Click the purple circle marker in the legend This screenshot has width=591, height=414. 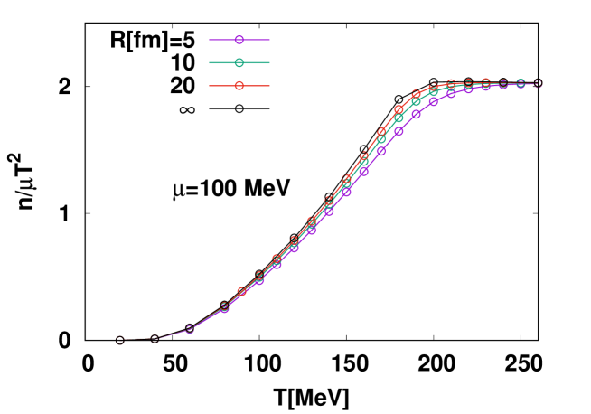tap(239, 40)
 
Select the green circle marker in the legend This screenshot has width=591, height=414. tap(239, 62)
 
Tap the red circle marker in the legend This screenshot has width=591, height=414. tap(239, 86)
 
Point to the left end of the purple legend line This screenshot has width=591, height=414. tap(210, 40)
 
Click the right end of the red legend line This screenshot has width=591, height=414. tap(269, 86)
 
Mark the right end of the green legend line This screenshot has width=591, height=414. tap(269, 62)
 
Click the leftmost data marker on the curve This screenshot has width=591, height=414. tap(120, 340)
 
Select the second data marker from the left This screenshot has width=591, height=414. tap(155, 339)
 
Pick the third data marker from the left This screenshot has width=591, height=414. tap(189, 329)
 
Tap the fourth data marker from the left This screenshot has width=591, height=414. tap(224, 308)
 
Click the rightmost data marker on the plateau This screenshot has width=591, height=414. tap(538, 83)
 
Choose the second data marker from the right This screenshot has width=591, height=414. tap(521, 83)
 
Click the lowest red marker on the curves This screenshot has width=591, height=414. tap(241, 291)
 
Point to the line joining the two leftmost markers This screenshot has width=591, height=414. tap(137, 340)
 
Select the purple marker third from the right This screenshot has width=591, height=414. tap(503, 84)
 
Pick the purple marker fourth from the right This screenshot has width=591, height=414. tap(486, 86)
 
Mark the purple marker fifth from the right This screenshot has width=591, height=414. tap(468, 89)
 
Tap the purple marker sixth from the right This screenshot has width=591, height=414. tap(451, 93)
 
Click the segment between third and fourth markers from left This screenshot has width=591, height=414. tap(207, 319)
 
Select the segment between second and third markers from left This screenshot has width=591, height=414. tap(172, 334)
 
